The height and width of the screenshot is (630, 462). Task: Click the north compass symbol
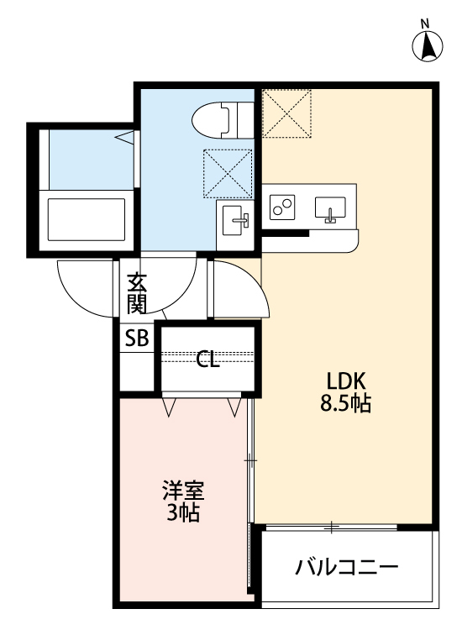click(427, 47)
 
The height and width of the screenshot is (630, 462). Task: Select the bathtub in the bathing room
click(86, 218)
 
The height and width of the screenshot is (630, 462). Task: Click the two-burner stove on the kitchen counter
click(283, 206)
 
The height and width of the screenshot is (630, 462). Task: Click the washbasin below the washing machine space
click(234, 222)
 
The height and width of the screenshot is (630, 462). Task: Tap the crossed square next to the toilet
click(228, 173)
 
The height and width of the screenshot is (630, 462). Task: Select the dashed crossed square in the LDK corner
click(286, 113)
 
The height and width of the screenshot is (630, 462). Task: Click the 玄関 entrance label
click(136, 293)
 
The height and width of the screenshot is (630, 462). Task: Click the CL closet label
click(207, 361)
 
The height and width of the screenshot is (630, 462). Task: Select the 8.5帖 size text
click(344, 403)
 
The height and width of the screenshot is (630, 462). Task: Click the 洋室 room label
click(182, 491)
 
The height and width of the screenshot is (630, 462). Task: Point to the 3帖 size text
click(182, 513)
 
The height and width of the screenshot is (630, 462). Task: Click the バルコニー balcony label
click(346, 567)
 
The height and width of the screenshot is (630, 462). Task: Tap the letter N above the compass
click(425, 23)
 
